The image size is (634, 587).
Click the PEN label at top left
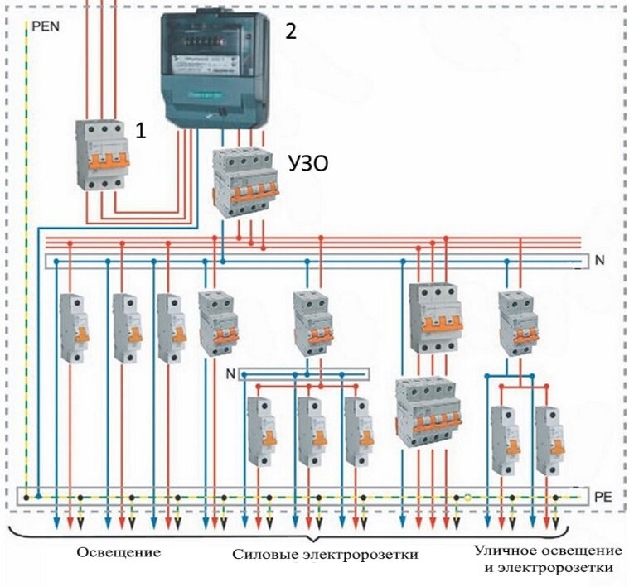point(46,26)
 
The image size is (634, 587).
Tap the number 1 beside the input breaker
point(141,131)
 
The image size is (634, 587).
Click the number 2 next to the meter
point(290,31)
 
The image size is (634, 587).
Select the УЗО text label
point(307,164)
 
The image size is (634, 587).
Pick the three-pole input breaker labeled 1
point(104,155)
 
